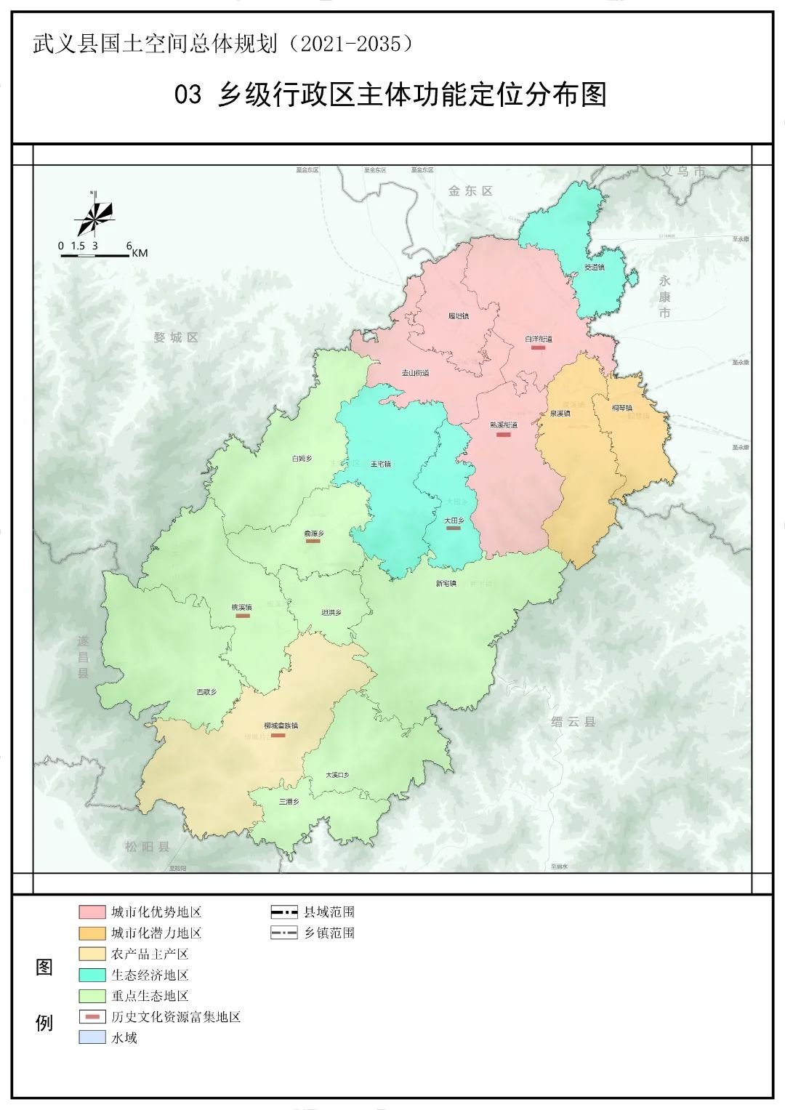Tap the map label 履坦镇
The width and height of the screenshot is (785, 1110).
click(x=458, y=316)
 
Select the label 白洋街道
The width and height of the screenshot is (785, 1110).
click(x=539, y=339)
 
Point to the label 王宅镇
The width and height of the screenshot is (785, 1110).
click(x=380, y=464)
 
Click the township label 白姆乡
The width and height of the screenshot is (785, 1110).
click(x=302, y=459)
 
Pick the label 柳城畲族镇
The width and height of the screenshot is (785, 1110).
click(x=281, y=725)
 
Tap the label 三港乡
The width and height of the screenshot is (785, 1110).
click(x=289, y=802)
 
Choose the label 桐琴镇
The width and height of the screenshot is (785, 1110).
click(x=622, y=408)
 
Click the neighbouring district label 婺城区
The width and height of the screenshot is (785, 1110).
click(x=176, y=337)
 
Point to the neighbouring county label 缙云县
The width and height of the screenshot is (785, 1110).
click(x=573, y=722)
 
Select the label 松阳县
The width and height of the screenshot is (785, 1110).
click(x=147, y=846)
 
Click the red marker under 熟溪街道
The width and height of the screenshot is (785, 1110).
click(x=503, y=435)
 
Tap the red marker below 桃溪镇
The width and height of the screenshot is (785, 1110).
click(x=243, y=616)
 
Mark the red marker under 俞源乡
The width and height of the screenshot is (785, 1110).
click(x=313, y=541)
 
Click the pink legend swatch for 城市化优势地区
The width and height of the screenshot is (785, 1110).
click(x=92, y=912)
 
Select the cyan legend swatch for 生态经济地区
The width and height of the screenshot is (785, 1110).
click(x=92, y=975)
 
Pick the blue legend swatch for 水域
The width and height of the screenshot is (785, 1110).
click(x=92, y=1038)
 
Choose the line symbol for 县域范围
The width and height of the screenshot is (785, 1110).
click(x=284, y=912)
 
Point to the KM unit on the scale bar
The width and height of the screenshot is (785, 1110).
click(x=140, y=253)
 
